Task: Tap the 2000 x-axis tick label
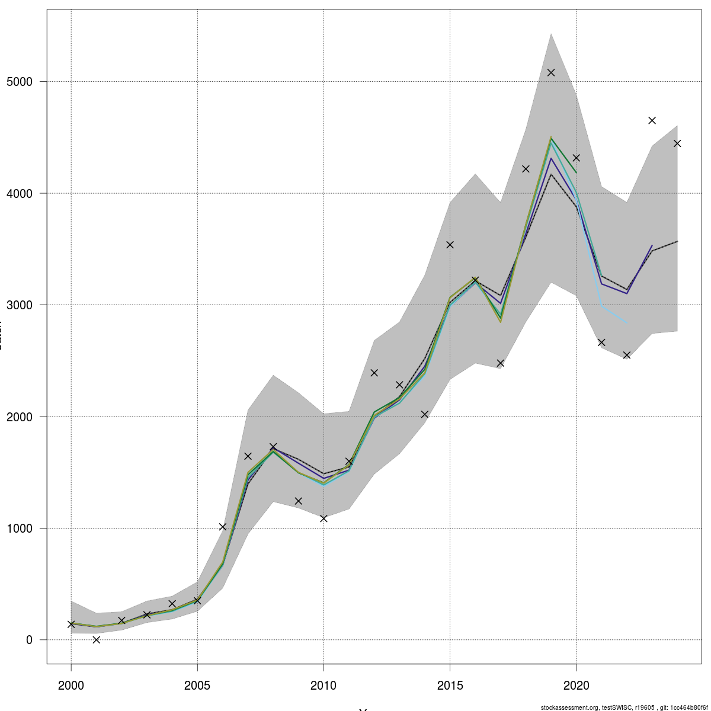point(71,686)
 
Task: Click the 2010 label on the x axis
point(324,686)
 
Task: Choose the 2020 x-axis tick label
point(576,686)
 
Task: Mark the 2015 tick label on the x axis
point(450,686)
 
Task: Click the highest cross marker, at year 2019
point(551,72)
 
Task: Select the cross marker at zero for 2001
point(97,640)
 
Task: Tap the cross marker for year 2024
point(677,143)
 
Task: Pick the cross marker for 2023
point(652,120)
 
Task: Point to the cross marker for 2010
point(324,518)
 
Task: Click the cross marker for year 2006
point(223,527)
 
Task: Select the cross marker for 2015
point(450,245)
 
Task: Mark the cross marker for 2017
point(500,363)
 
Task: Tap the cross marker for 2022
point(626,355)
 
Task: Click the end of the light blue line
point(626,323)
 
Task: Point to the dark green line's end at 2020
point(576,172)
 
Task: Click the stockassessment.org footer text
point(624,707)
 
